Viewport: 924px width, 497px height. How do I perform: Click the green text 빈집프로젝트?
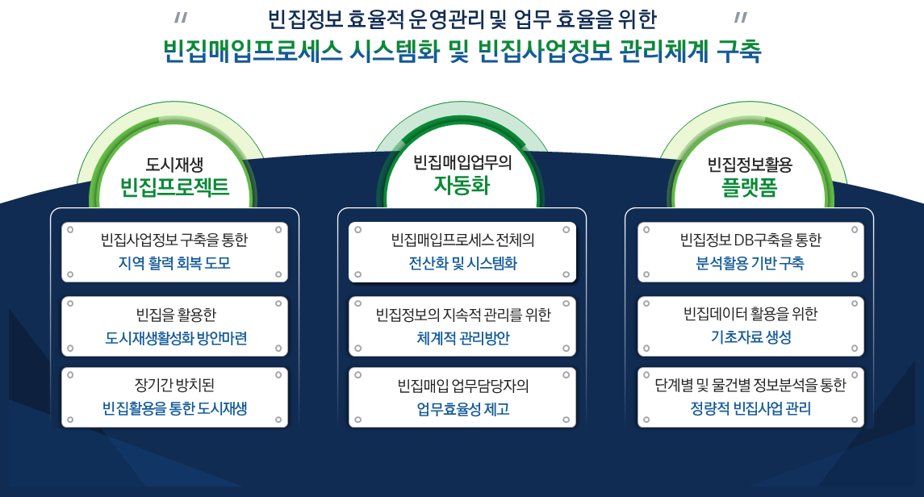(174, 187)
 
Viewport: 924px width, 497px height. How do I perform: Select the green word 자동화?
(462, 185)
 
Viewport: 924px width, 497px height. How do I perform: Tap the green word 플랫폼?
(750, 187)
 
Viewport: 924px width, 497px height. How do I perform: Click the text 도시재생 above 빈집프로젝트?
(174, 165)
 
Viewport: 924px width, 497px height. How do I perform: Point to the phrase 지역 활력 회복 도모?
(174, 263)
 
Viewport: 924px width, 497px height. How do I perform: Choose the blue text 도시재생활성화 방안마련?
(176, 338)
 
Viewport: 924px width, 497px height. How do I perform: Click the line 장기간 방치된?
(174, 385)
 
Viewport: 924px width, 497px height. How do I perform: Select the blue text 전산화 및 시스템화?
(462, 263)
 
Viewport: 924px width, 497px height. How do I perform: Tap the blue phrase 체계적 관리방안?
(463, 338)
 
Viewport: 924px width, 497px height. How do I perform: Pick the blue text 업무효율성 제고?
(463, 409)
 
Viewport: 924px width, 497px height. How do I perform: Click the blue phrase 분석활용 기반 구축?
(750, 263)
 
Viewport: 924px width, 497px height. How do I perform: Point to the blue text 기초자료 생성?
(750, 336)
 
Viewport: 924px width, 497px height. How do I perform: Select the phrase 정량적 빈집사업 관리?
(750, 408)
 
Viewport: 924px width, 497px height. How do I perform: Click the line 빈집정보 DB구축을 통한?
(750, 240)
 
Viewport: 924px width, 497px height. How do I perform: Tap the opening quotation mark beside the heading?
(181, 18)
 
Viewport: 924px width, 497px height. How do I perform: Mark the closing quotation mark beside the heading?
(741, 18)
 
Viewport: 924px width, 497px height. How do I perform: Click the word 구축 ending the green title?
(739, 51)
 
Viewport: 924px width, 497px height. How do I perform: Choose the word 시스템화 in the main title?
(395, 51)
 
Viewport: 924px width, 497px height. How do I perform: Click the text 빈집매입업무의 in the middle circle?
(462, 162)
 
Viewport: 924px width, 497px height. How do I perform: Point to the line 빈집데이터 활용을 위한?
(750, 314)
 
